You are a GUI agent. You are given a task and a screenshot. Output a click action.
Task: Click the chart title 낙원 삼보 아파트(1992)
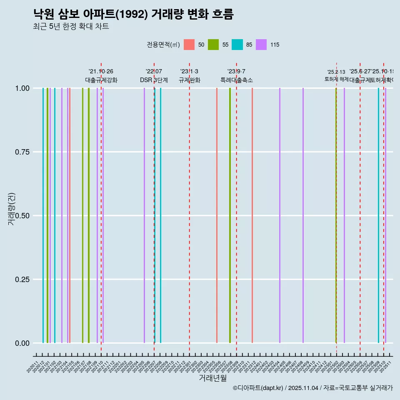click(x=133, y=14)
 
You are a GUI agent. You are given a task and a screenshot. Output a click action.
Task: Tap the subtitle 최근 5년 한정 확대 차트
click(x=71, y=27)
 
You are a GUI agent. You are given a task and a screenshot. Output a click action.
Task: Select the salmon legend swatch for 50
click(x=189, y=45)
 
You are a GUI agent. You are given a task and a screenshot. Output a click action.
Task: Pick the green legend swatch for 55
click(x=213, y=45)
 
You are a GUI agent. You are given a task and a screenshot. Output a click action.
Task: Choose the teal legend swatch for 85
click(x=237, y=45)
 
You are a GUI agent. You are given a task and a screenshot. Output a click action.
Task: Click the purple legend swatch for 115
click(x=261, y=45)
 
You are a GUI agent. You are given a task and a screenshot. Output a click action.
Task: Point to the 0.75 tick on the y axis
click(x=21, y=152)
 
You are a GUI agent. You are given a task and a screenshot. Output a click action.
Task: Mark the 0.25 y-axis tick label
click(x=21, y=280)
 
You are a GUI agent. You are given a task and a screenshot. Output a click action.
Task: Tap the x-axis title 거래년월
click(x=212, y=378)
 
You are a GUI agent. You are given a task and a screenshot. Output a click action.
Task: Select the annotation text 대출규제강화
click(x=101, y=80)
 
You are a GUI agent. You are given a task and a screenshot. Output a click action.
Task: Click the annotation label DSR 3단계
click(x=154, y=80)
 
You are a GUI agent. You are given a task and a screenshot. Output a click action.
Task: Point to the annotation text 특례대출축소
click(x=236, y=80)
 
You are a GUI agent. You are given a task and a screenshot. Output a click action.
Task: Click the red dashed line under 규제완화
click(x=190, y=208)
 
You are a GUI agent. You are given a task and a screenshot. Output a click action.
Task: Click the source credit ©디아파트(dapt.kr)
click(x=258, y=388)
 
